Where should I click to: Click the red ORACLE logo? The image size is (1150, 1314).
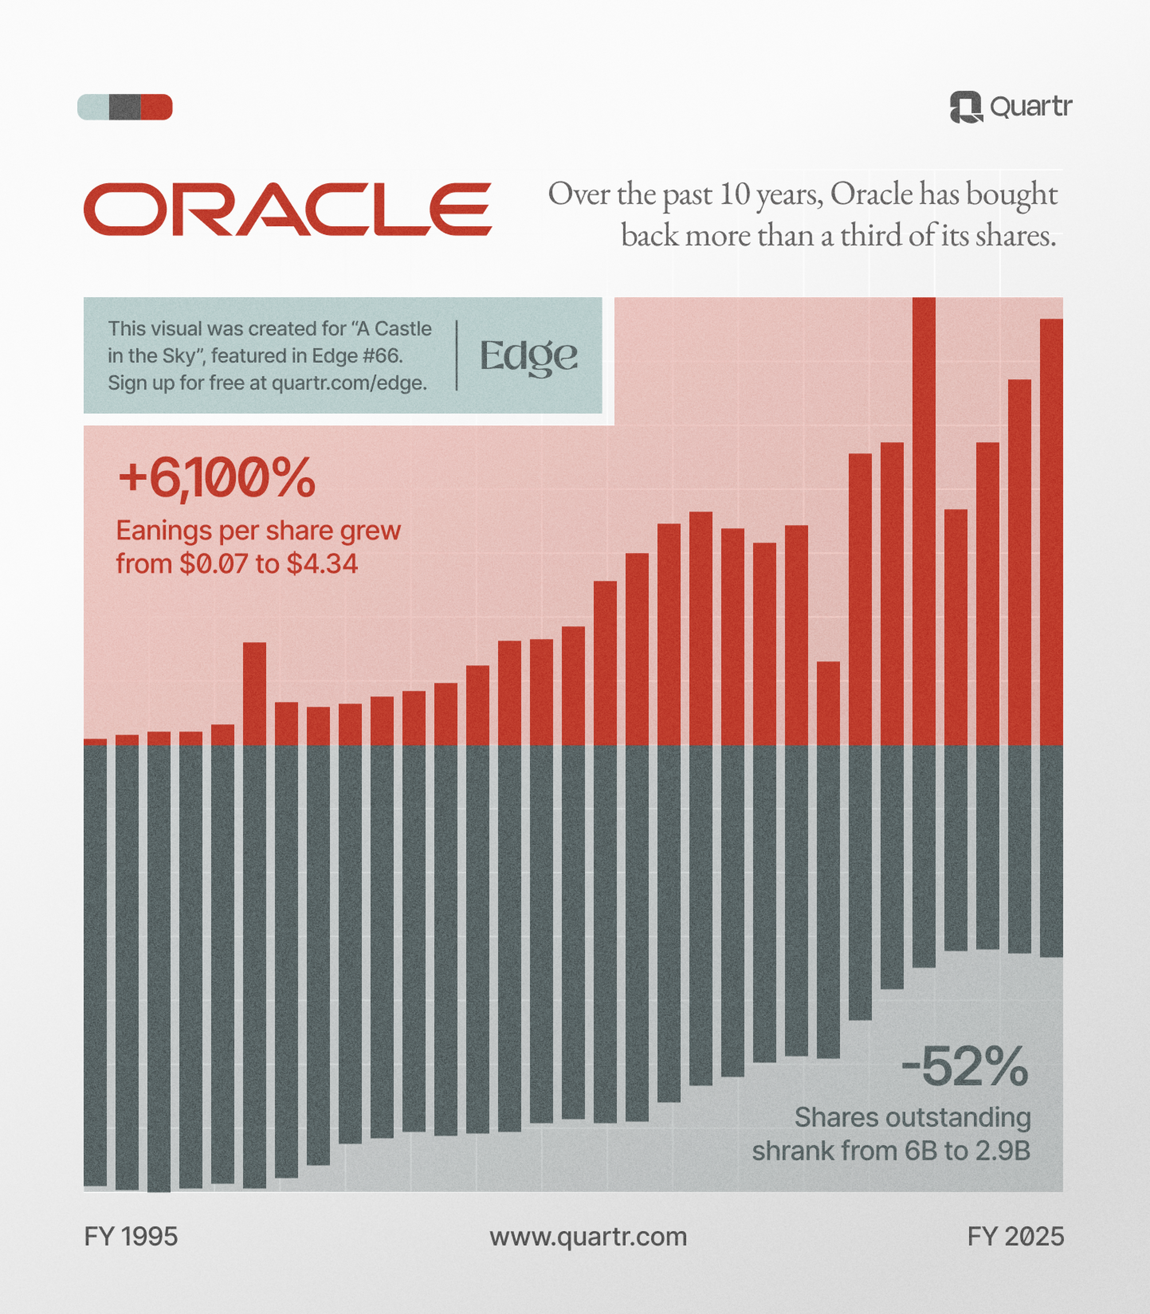(x=287, y=209)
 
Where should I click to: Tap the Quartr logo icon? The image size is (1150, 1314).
(x=966, y=107)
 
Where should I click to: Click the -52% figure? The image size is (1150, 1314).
(x=965, y=1067)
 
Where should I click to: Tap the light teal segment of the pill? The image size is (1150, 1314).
(x=93, y=107)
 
